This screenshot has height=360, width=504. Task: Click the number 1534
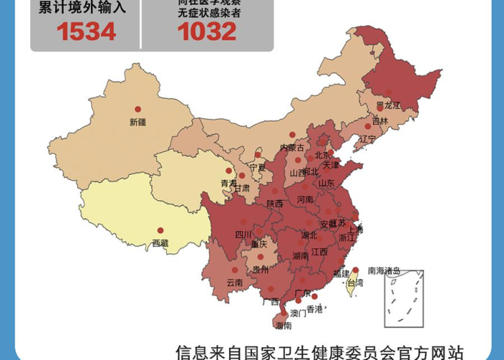87,31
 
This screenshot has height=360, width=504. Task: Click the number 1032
207,31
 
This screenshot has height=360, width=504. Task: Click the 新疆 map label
138,122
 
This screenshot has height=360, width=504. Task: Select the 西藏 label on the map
160,243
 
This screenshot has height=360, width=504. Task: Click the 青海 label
228,184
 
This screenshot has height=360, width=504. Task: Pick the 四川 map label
243,234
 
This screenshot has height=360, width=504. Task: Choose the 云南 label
234,282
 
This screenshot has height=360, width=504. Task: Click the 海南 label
284,325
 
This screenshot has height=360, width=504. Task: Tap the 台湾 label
356,284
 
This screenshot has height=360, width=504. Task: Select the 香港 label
315,309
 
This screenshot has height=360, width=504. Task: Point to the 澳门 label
298,313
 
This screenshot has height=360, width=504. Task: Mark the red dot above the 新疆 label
137,109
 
